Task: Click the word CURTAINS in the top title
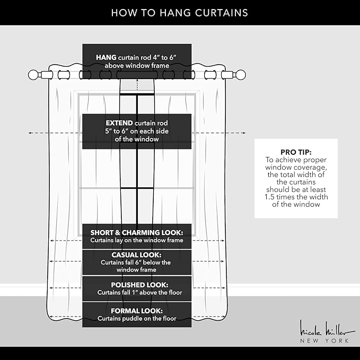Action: point(222,13)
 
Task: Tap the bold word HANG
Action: point(106,57)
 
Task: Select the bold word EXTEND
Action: point(119,123)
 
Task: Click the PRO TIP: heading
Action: point(296,152)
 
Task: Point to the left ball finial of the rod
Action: point(33,75)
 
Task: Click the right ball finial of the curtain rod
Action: point(241,75)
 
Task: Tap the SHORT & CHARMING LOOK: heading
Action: point(137,233)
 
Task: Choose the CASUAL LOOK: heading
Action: point(137,255)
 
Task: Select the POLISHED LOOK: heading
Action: point(139,285)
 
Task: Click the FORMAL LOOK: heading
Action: point(137,311)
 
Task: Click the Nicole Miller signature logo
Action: point(327,329)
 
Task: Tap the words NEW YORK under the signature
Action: point(324,341)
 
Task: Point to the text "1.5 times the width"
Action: point(296,197)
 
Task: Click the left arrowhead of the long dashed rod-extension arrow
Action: point(30,133)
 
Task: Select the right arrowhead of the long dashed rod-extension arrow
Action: point(244,133)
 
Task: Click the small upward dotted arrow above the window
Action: point(137,84)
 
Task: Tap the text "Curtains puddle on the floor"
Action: point(137,319)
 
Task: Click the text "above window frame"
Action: point(137,66)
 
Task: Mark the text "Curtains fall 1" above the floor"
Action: point(139,293)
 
